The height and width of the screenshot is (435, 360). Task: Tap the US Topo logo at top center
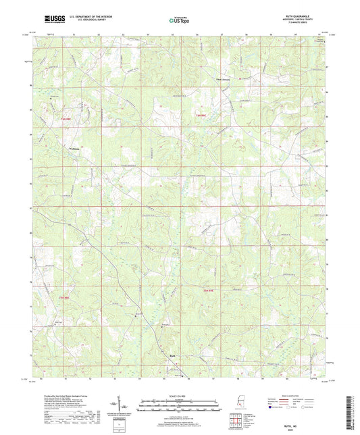179,21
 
